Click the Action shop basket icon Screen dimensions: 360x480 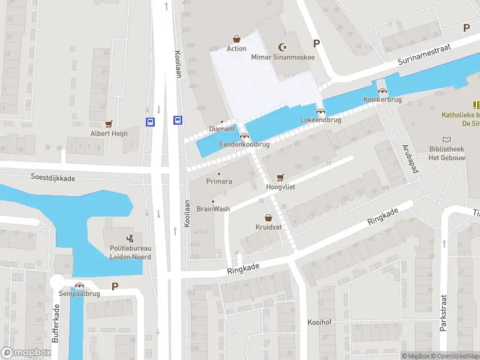pyautogui.click(x=236, y=38)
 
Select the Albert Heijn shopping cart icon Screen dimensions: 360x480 pyautogui.click(x=109, y=124)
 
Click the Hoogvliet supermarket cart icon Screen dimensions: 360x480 pyautogui.click(x=280, y=178)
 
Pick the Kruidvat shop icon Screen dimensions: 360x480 pyautogui.click(x=268, y=218)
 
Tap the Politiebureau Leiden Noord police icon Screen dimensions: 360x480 pyautogui.click(x=130, y=239)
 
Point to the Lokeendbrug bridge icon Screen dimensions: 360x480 pyautogui.click(x=320, y=111)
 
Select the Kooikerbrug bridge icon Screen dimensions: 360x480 pyautogui.click(x=378, y=90)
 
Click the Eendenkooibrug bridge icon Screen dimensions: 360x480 pyautogui.click(x=244, y=135)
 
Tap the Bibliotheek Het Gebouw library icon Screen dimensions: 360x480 pyautogui.click(x=446, y=139)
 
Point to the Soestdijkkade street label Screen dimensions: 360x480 pyautogui.click(x=53, y=178)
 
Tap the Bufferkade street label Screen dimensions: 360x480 pyautogui.click(x=55, y=323)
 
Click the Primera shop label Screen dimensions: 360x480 pyautogui.click(x=218, y=181)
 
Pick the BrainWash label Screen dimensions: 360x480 pyautogui.click(x=213, y=209)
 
